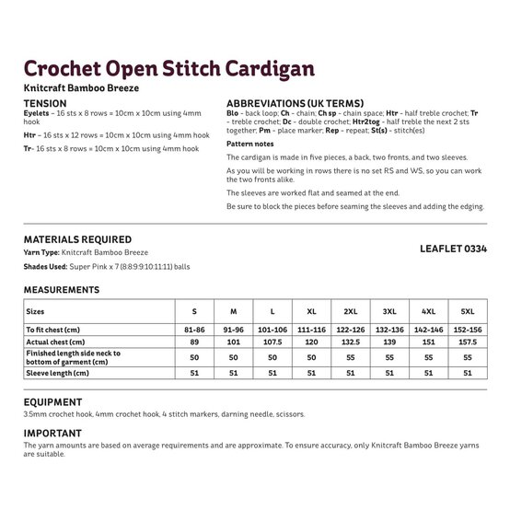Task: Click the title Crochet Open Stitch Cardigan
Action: point(168,70)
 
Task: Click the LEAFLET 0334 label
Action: point(452,248)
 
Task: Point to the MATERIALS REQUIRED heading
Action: point(77,239)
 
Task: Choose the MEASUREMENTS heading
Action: point(62,290)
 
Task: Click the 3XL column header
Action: point(389,311)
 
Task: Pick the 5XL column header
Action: point(468,311)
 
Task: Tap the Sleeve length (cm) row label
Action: point(57,373)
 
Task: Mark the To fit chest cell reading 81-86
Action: point(194,329)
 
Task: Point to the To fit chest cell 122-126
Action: point(351,329)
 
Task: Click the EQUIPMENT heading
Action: point(52,402)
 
